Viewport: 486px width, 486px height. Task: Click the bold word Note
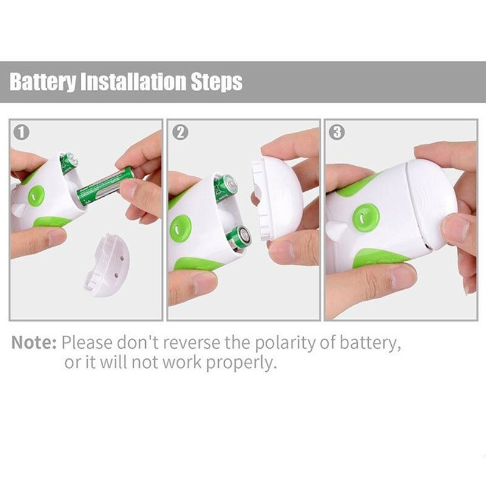tap(34, 343)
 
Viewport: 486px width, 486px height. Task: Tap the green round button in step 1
tap(36, 196)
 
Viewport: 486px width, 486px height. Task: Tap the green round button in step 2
tap(180, 228)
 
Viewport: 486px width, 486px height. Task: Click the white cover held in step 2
tap(276, 197)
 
